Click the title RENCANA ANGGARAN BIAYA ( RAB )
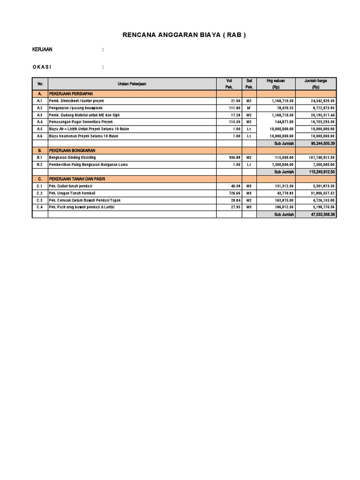pyautogui.click(x=184, y=35)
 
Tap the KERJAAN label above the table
pyautogui.click(x=42, y=50)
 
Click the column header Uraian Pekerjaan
pyautogui.click(x=132, y=84)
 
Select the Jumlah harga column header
pyautogui.click(x=315, y=84)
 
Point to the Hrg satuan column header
pyautogui.click(x=276, y=84)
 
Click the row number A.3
pyautogui.click(x=40, y=115)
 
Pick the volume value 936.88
pyautogui.click(x=233, y=158)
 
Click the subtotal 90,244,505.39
pyautogui.click(x=322, y=143)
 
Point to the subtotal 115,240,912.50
pyautogui.click(x=321, y=172)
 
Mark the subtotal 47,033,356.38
pyautogui.click(x=322, y=214)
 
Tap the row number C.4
pyautogui.click(x=40, y=207)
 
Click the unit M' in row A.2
pyautogui.click(x=249, y=108)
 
